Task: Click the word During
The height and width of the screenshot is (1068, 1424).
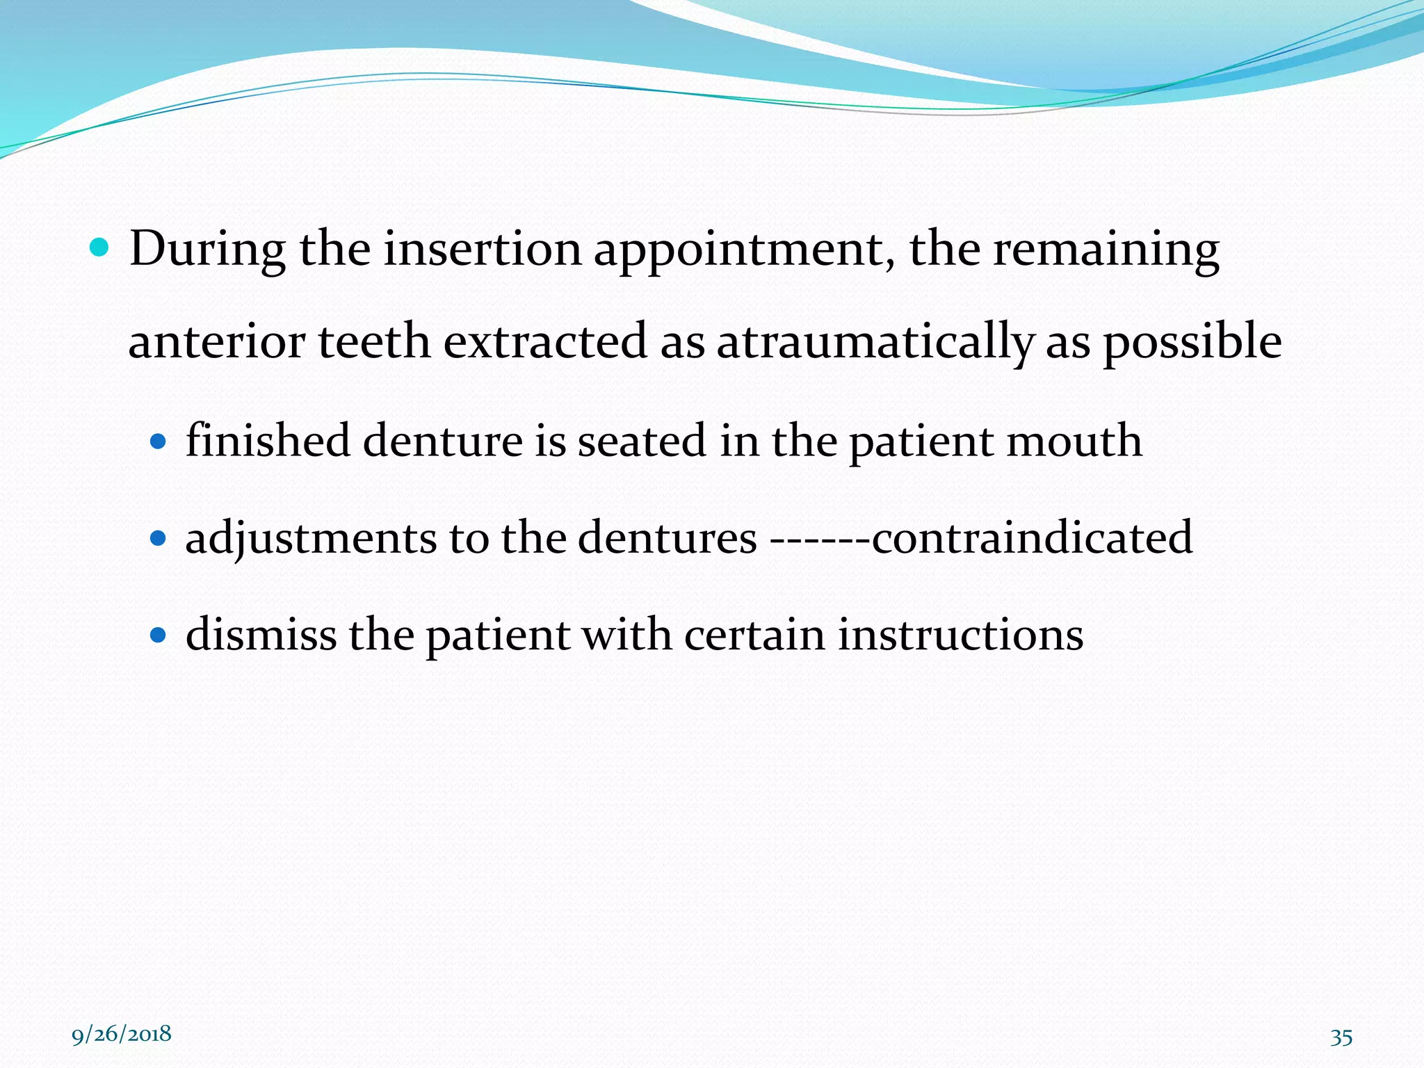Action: coord(207,249)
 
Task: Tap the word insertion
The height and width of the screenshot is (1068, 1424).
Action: coord(482,249)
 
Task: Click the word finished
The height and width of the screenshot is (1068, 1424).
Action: coord(268,440)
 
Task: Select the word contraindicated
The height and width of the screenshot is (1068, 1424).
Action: coord(1032,537)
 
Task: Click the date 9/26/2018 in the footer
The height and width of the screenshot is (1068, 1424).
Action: coord(122,1034)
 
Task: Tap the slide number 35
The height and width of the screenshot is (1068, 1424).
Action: coord(1341,1037)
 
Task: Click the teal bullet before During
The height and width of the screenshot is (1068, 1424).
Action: coord(100,248)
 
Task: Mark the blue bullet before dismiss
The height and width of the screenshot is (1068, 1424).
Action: coord(159,634)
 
